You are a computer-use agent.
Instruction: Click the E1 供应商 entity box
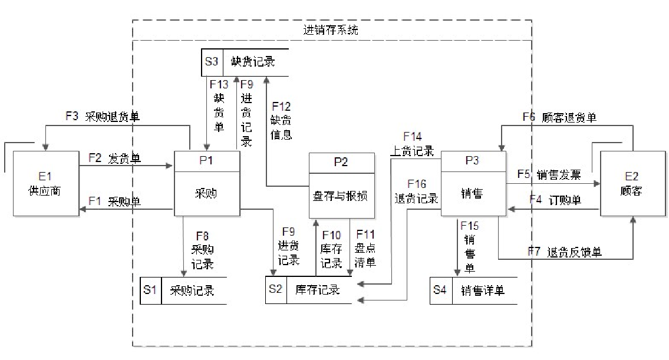46,183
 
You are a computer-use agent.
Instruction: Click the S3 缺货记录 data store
245,61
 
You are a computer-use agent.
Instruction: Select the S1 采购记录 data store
183,290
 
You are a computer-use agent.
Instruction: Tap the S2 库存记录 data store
309,290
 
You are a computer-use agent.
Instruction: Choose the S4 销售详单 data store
473,290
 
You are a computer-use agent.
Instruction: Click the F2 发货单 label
114,158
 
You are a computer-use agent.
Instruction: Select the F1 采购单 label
114,201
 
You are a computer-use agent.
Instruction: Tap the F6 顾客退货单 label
559,117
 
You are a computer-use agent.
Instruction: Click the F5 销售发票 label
549,174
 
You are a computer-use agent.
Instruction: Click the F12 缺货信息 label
281,120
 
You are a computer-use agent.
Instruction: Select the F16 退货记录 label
417,191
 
